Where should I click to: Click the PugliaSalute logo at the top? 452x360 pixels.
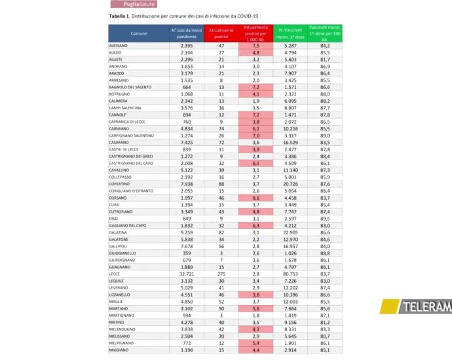click(132, 4)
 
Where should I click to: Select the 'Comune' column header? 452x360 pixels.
click(139, 33)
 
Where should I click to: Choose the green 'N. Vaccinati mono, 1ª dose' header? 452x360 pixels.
click(289, 33)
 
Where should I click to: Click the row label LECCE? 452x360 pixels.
click(115, 274)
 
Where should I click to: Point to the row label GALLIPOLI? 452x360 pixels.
click(119, 245)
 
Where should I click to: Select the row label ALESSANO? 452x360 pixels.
click(119, 46)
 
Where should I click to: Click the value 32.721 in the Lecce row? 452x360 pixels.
click(186, 274)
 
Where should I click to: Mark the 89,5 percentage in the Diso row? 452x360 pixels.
click(324, 218)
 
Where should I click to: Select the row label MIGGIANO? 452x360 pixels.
click(119, 350)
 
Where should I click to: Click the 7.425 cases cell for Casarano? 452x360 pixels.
click(186, 142)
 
